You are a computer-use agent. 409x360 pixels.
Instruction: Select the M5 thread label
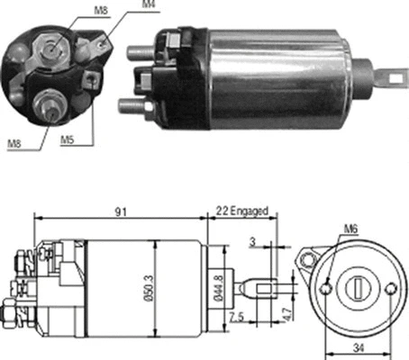68,140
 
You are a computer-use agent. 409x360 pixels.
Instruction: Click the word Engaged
249,211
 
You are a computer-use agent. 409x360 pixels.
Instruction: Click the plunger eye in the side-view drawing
265,290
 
